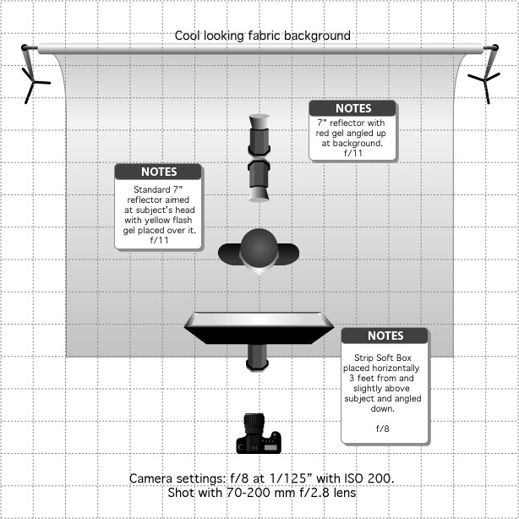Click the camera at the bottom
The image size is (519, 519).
[x=259, y=434]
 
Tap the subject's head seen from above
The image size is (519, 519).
[x=259, y=248]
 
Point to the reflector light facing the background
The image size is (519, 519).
[x=259, y=135]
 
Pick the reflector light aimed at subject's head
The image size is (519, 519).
[x=259, y=180]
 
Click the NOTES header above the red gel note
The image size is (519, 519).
[x=353, y=108]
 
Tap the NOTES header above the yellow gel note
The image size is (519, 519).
[x=159, y=172]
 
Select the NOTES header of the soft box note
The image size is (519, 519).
[x=385, y=336]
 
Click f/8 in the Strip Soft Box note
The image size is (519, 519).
[x=382, y=429]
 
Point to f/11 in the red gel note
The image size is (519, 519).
[x=353, y=153]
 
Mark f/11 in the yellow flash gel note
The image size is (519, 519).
[x=159, y=240]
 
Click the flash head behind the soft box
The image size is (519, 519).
[x=258, y=358]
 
